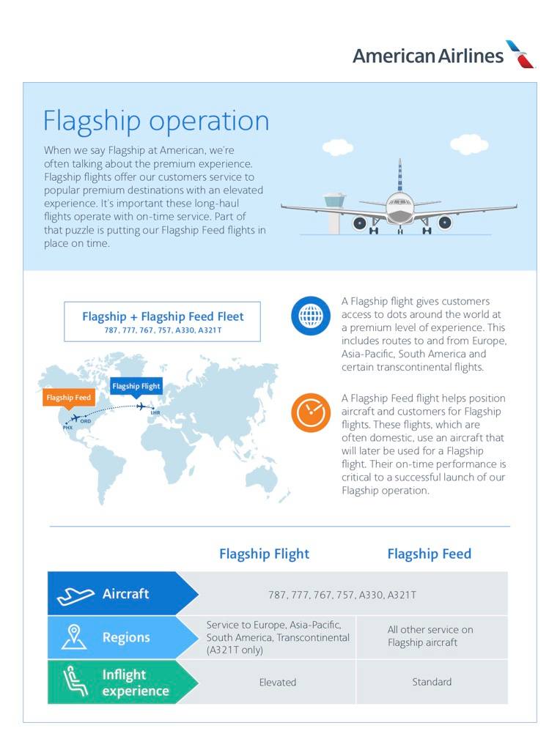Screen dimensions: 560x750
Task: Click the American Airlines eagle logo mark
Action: [x=521, y=54]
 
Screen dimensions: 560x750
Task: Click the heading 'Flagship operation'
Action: [x=156, y=121]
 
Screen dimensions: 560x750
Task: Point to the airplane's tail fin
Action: [x=399, y=176]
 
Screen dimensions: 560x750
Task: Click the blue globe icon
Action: [x=311, y=316]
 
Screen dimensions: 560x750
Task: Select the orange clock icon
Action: [x=311, y=412]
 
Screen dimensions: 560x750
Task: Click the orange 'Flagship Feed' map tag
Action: [x=69, y=398]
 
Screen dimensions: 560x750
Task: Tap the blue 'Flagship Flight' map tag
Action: [x=136, y=386]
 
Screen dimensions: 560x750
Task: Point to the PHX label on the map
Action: [x=67, y=427]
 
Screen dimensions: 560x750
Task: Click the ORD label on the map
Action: [x=86, y=421]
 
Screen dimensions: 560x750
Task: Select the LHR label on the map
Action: [x=155, y=413]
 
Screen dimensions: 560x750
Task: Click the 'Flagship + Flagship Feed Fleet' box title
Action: [x=163, y=316]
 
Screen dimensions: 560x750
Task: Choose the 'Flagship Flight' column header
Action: [x=264, y=554]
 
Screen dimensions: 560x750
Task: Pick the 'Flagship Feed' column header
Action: [x=429, y=554]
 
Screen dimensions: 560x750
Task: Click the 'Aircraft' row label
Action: [x=125, y=594]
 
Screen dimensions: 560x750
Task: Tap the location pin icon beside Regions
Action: [x=74, y=637]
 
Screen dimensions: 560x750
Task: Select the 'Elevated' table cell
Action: [x=278, y=682]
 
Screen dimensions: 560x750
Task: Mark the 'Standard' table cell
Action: [x=432, y=682]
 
